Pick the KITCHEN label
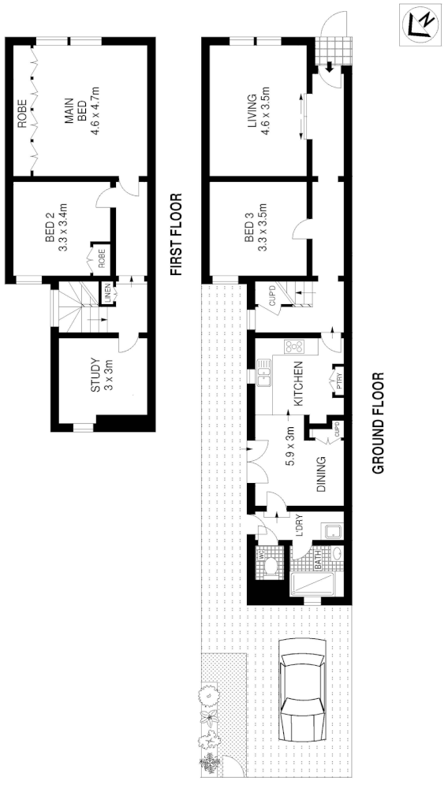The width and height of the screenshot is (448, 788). pyautogui.click(x=298, y=384)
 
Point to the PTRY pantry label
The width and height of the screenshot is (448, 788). pyautogui.click(x=339, y=381)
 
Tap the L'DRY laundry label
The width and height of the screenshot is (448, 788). pyautogui.click(x=300, y=526)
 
